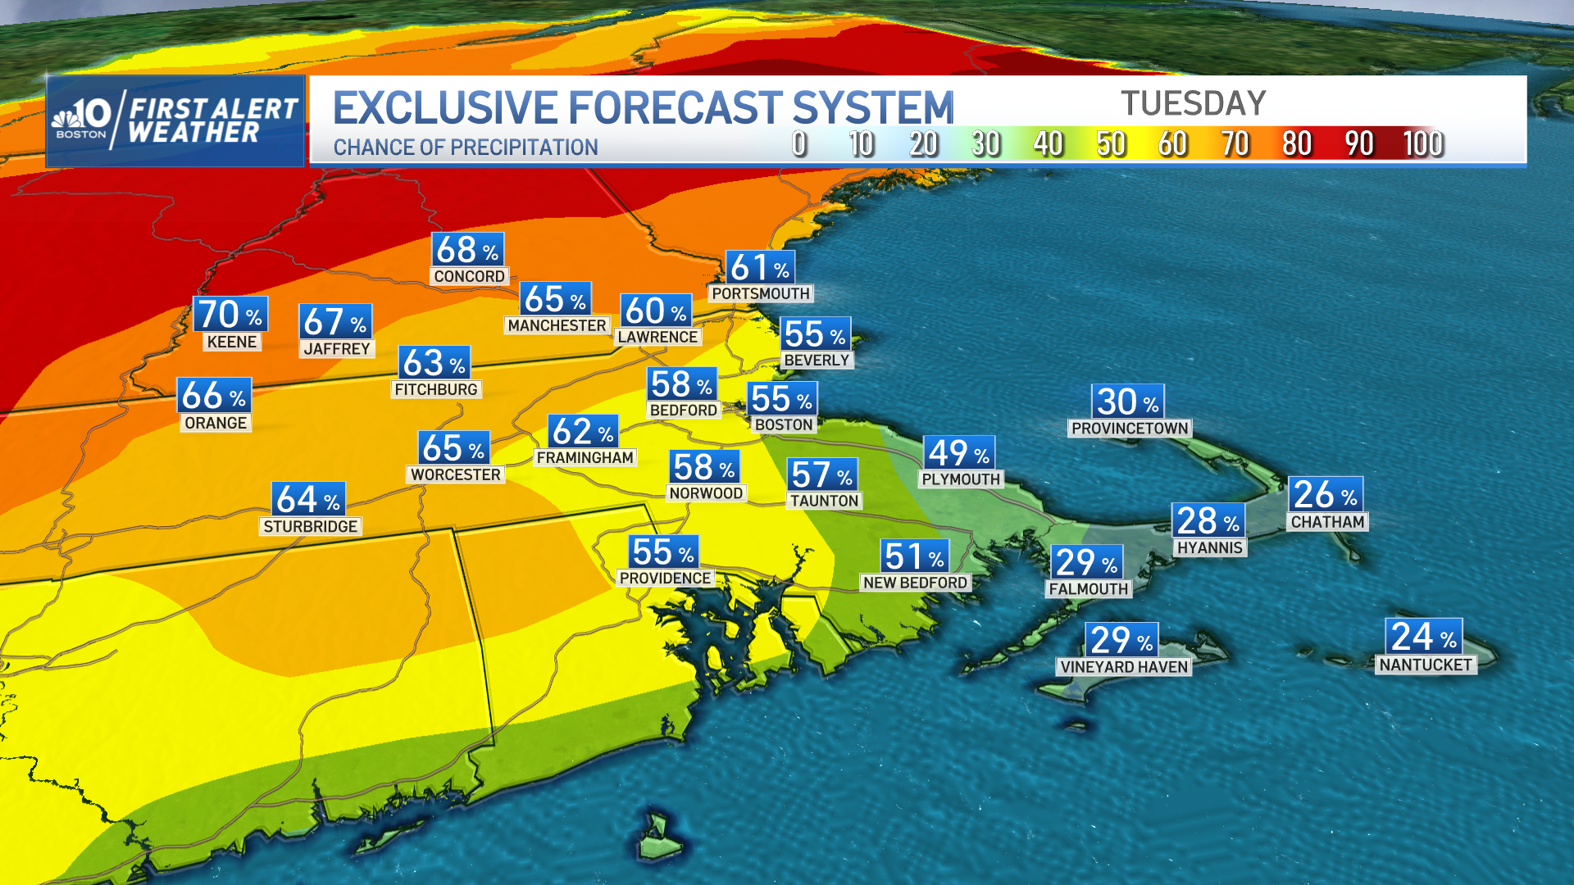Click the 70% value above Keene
pyautogui.click(x=230, y=315)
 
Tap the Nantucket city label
pyautogui.click(x=1425, y=665)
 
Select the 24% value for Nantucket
pyautogui.click(x=1423, y=637)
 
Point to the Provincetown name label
pyautogui.click(x=1129, y=429)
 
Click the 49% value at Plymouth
pyautogui.click(x=958, y=453)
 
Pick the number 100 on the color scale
pyautogui.click(x=1422, y=144)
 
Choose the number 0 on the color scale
pyautogui.click(x=799, y=144)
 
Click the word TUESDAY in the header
pyautogui.click(x=1193, y=104)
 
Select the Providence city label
pyautogui.click(x=665, y=579)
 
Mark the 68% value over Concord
pyautogui.click(x=467, y=250)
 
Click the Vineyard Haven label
pyautogui.click(x=1123, y=667)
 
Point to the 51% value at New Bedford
pyautogui.click(x=914, y=557)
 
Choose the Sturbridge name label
pyautogui.click(x=310, y=527)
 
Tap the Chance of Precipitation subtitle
pyautogui.click(x=465, y=147)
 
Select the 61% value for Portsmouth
pyautogui.click(x=759, y=268)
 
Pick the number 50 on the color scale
pyautogui.click(x=1111, y=144)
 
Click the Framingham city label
pyautogui.click(x=585, y=458)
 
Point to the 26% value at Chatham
pyautogui.click(x=1325, y=495)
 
